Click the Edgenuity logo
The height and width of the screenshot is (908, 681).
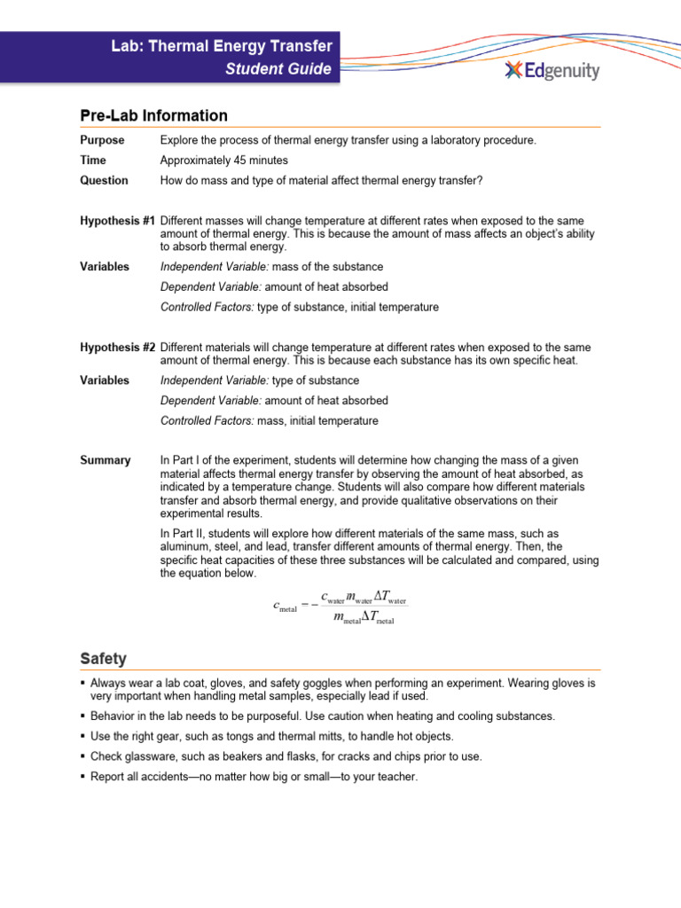click(x=552, y=71)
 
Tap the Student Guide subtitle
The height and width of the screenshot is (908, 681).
click(x=278, y=69)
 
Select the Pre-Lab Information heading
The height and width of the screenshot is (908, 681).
click(x=153, y=115)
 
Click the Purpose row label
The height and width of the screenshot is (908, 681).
click(x=102, y=140)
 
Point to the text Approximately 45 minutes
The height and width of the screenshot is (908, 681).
click(x=223, y=160)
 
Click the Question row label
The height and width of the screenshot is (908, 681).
click(x=104, y=181)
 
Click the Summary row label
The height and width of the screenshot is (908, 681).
click(x=106, y=460)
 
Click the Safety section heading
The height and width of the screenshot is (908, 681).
click(x=103, y=659)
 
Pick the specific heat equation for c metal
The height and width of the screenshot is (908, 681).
click(x=340, y=609)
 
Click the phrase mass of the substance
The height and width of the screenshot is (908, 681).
click(x=327, y=267)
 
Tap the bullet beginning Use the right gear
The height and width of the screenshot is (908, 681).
click(x=271, y=736)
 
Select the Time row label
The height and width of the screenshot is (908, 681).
click(x=92, y=160)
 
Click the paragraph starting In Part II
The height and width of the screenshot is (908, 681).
click(x=379, y=553)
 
